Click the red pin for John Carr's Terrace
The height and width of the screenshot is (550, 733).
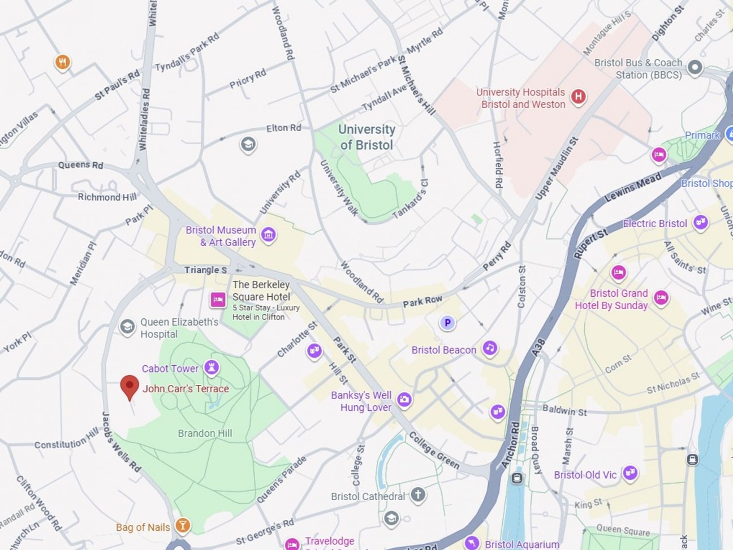coord(130,387)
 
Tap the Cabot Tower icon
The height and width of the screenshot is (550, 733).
coord(212,368)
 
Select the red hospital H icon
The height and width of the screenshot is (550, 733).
coord(577,97)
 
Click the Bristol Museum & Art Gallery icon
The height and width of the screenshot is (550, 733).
coord(269,235)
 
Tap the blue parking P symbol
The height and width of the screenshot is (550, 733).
coord(447,323)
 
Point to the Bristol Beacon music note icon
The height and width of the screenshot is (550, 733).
coord(490,348)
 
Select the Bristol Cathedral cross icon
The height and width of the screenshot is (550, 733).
coord(418,495)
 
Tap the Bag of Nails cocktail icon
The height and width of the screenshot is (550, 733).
coord(182,526)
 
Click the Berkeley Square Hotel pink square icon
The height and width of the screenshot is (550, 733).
coord(218,300)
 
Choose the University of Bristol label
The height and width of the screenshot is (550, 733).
coord(366,137)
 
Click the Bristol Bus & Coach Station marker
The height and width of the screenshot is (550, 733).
coord(695,68)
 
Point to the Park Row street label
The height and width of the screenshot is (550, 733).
coord(422,301)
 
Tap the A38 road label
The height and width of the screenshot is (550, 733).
coord(538,347)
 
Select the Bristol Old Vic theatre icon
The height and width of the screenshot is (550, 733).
coord(630,473)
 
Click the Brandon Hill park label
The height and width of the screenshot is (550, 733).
coord(205,434)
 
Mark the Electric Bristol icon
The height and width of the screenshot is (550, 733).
coord(701,222)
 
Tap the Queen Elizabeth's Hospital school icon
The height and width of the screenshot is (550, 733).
coord(127,326)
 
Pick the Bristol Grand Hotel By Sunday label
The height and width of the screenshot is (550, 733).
coord(611,299)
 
